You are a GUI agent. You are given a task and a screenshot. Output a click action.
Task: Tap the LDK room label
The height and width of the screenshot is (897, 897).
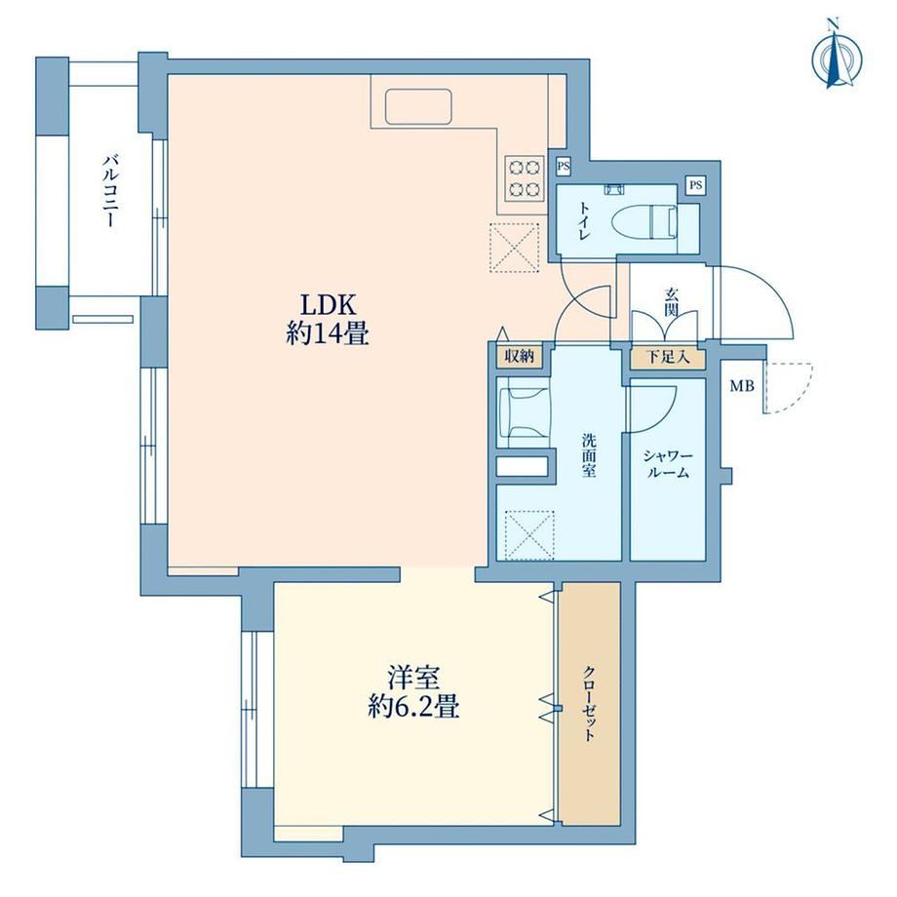tap(329, 305)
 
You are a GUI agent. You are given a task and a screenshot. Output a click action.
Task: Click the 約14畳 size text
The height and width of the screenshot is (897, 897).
tap(328, 333)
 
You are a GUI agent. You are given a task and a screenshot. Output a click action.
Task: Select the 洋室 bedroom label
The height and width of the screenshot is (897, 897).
tap(413, 678)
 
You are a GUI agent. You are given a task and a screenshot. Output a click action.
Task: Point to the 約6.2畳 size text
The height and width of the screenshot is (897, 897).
tap(413, 708)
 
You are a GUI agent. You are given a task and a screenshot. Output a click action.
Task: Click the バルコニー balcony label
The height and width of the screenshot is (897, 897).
tap(110, 190)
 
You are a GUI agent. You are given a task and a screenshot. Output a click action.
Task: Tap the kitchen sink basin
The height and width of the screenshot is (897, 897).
tap(418, 106)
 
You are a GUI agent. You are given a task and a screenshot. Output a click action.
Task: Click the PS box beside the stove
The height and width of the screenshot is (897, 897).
tap(564, 167)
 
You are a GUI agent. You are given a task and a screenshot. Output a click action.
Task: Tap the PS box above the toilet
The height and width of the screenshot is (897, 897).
tap(695, 185)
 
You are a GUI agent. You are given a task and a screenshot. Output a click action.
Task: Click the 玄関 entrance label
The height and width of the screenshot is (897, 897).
tap(671, 302)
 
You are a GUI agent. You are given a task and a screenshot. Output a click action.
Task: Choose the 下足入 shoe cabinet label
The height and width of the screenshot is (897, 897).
tap(668, 358)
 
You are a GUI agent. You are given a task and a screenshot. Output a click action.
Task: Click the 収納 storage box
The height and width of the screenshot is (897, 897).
tap(520, 357)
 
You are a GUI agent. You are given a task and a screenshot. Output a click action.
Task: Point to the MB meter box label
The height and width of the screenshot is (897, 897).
tap(741, 386)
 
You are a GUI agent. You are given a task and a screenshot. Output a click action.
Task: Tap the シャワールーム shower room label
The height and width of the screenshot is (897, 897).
tap(667, 464)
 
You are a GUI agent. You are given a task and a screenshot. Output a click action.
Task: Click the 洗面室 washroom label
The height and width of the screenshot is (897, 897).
tap(589, 456)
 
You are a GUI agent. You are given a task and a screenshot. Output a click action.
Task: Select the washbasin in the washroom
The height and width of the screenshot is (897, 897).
tap(523, 410)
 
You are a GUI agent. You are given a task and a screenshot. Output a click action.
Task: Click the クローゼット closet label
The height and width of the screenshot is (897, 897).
tap(589, 703)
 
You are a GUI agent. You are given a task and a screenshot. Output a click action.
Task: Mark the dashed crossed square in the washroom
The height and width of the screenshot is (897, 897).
tap(530, 536)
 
